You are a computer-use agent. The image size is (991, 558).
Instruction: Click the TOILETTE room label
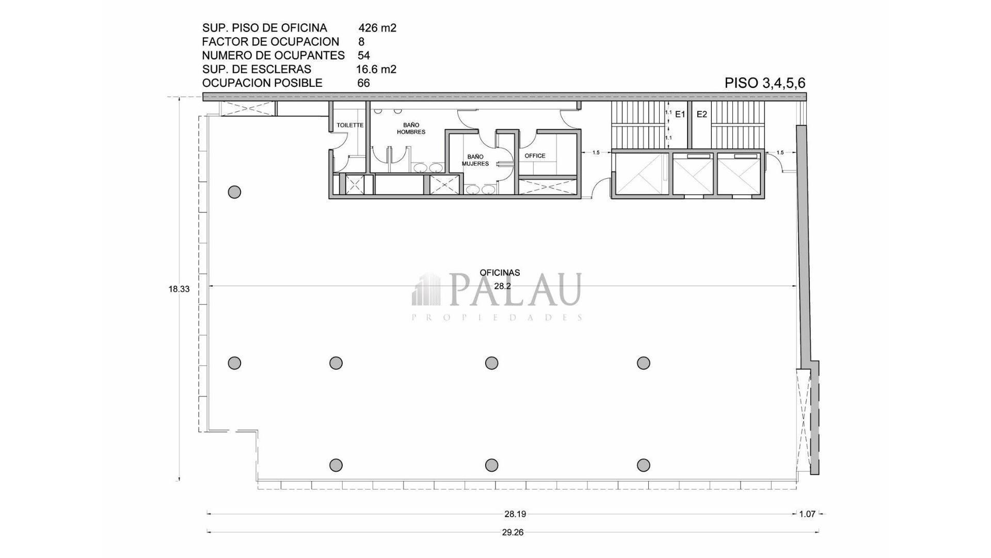[x=350, y=126]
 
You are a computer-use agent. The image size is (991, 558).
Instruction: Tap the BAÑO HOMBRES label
[x=411, y=128]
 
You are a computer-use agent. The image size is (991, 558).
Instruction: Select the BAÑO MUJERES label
[x=475, y=160]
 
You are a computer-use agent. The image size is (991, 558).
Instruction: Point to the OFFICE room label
[x=535, y=156]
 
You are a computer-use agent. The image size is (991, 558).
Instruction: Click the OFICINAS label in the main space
[x=500, y=273]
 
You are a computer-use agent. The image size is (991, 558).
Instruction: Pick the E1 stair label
[x=680, y=114]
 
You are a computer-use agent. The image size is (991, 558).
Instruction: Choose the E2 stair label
[x=702, y=114]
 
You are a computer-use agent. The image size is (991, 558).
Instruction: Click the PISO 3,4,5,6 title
[x=765, y=83]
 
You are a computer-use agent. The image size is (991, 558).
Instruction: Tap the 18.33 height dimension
[x=179, y=289]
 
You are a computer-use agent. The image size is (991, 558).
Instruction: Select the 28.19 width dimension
[x=515, y=514]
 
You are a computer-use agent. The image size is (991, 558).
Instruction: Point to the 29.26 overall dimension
[x=513, y=532]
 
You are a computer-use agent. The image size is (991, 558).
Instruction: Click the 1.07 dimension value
[x=807, y=514]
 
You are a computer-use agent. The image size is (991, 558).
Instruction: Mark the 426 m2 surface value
[x=377, y=28]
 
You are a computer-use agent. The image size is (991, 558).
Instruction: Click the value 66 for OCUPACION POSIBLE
[x=363, y=83]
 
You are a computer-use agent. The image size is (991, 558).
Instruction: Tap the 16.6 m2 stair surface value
[x=376, y=69]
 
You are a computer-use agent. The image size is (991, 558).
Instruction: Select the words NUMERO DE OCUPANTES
[x=273, y=55]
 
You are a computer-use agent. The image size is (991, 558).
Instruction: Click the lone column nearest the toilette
[x=234, y=192]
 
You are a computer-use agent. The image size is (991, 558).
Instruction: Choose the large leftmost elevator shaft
[x=641, y=175]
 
